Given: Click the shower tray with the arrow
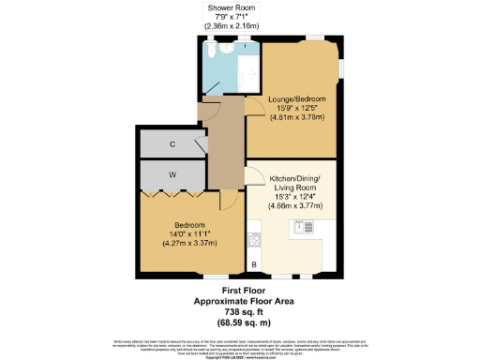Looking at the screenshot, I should click(x=245, y=67).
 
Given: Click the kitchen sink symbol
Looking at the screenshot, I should click(x=305, y=226).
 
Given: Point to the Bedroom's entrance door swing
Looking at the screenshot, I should click(x=228, y=199).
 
